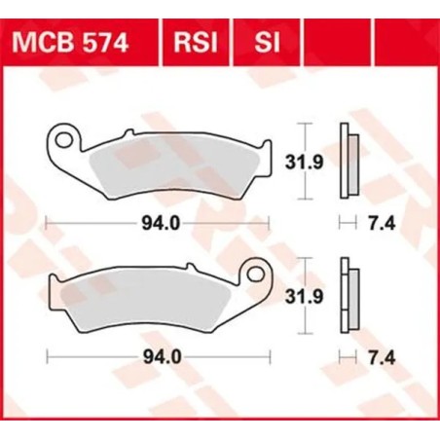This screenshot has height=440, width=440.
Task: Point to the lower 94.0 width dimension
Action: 156,357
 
